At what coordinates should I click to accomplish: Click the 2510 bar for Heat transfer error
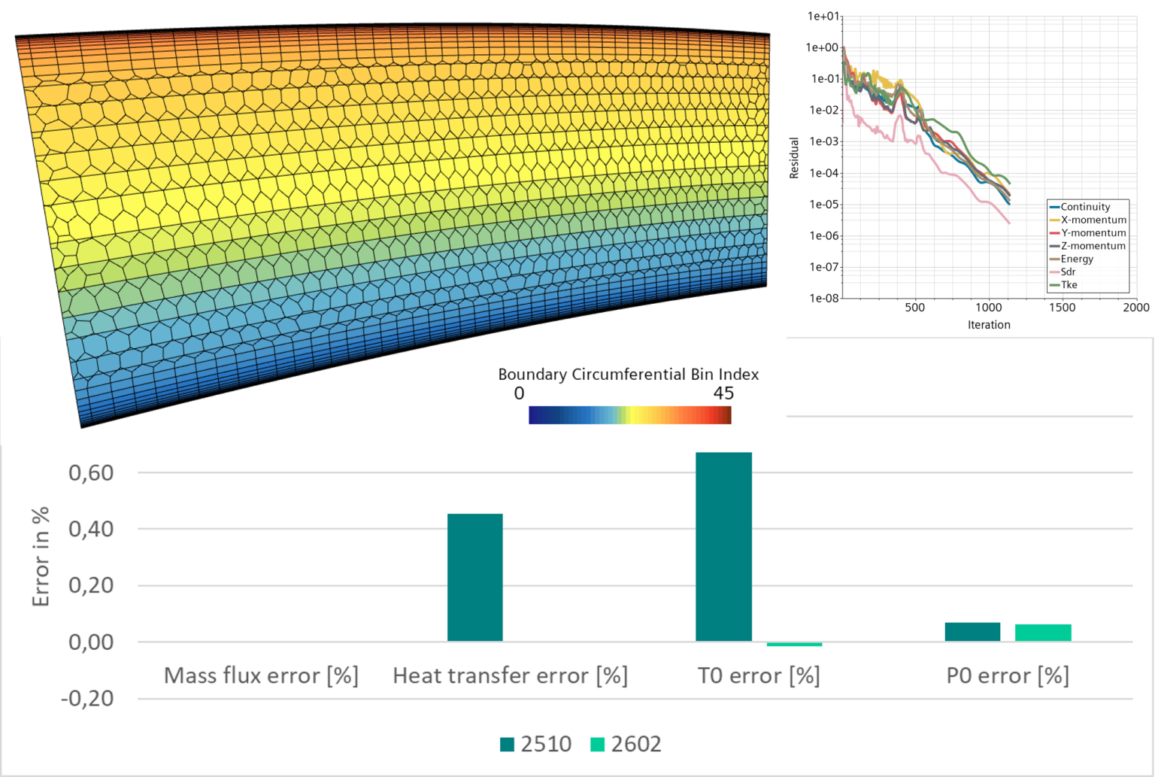point(474,577)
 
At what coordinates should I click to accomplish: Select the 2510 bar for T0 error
point(723,546)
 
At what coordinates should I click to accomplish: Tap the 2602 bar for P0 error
point(1043,633)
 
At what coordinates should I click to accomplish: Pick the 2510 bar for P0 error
point(972,632)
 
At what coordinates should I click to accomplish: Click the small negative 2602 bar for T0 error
point(794,645)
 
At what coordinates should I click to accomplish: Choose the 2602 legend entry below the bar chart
point(626,744)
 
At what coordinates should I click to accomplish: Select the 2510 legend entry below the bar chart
point(536,744)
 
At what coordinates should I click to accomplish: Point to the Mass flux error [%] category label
point(261,675)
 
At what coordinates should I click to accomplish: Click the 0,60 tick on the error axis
point(91,473)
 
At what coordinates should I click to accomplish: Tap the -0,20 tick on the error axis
point(87,699)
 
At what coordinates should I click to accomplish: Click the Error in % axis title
point(41,557)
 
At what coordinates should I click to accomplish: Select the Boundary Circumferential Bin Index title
point(628,375)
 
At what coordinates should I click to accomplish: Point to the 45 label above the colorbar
point(723,393)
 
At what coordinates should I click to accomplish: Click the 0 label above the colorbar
point(519,393)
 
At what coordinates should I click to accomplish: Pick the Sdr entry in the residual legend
point(1068,272)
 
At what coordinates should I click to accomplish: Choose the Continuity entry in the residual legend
point(1085,207)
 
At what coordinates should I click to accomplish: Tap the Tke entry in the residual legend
point(1069,285)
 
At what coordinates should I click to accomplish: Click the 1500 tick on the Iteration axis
point(1063,307)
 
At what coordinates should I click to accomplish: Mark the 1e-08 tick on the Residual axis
point(824,298)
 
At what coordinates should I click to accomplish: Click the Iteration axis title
point(989,325)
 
